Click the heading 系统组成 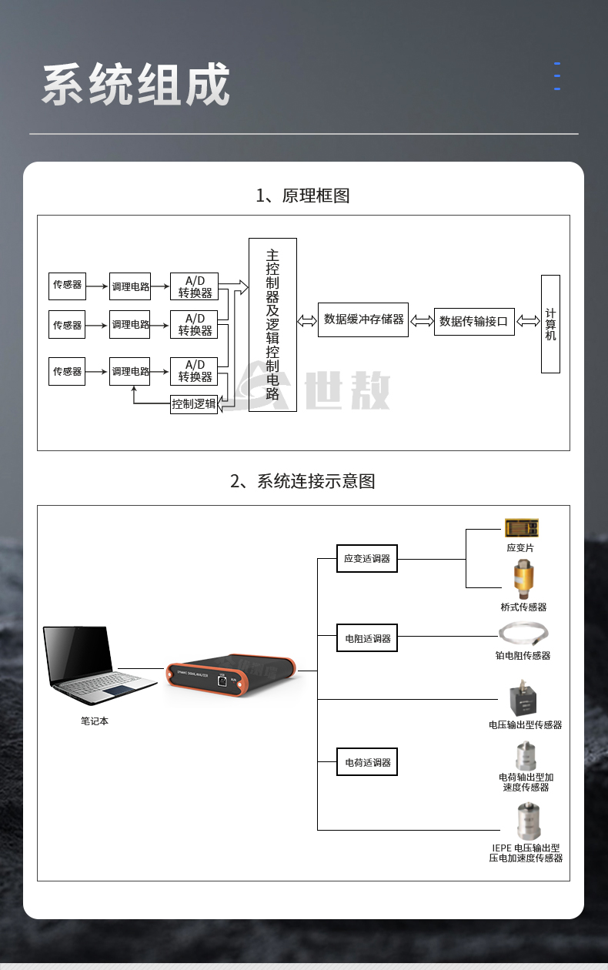pos(135,85)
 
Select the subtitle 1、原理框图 pos(302,196)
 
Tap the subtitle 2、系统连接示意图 pos(302,482)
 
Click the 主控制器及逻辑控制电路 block pos(272,324)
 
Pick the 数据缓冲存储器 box pos(363,319)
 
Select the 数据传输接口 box pos(474,321)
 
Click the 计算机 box pos(550,323)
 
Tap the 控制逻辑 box pos(194,403)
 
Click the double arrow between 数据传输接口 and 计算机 pos(528,321)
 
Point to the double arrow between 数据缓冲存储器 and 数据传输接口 pos(421,321)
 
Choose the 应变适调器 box pos(367,559)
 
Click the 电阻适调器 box pos(367,638)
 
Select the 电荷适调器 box pos(367,762)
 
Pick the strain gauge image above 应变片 pos(521,528)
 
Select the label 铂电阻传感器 pos(523,656)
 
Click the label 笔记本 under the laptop pos(95,721)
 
